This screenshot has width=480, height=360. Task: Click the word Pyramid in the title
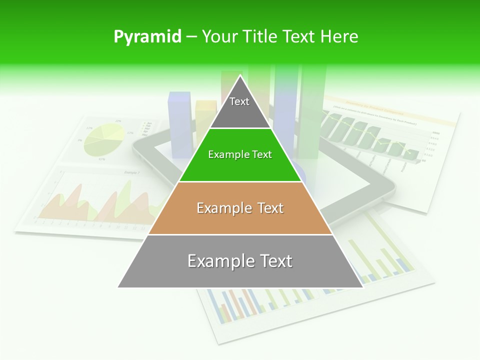pos(147,37)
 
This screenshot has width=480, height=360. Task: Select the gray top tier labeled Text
pos(240,107)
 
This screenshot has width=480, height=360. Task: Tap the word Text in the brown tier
pos(266,208)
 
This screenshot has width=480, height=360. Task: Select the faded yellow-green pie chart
pos(104,139)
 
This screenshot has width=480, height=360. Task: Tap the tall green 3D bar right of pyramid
pos(312,110)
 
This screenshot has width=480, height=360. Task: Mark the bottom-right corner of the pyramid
pos(363,287)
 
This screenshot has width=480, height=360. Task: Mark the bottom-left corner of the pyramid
pos(118,287)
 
